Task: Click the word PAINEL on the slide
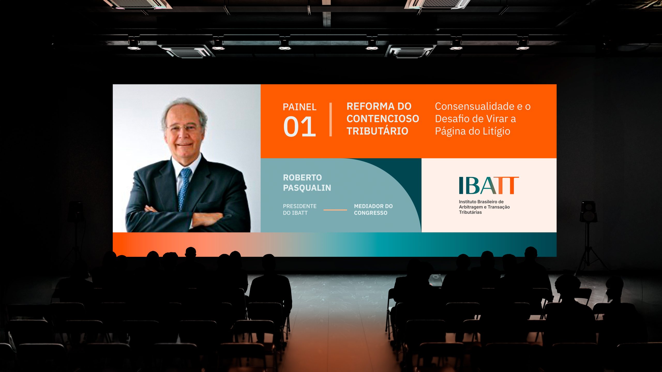point(299,107)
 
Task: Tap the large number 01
point(299,127)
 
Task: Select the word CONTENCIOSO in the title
point(383,119)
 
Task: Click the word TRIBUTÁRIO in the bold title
point(377,131)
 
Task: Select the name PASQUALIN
point(307,188)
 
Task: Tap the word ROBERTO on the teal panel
point(302,177)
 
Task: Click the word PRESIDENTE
point(300,206)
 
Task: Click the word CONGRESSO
point(371,213)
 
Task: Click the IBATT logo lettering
point(489,185)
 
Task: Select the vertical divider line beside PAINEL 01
point(330,119)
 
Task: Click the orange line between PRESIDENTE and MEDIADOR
point(335,210)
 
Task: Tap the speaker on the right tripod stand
point(588,212)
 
